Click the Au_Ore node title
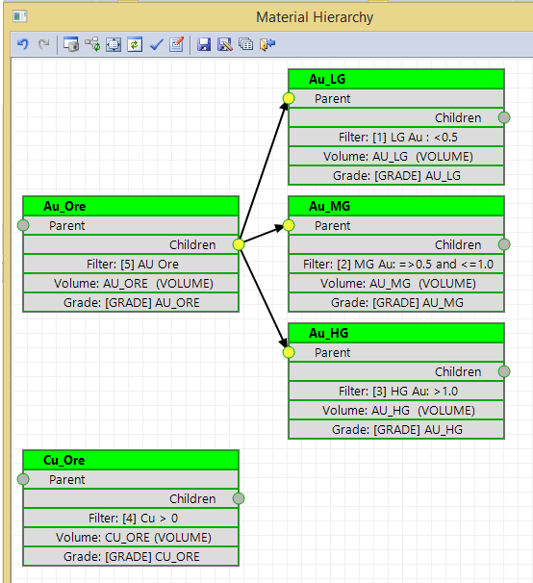click(x=64, y=206)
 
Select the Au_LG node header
click(x=396, y=79)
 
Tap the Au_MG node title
click(x=330, y=206)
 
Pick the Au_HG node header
click(x=396, y=333)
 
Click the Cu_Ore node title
click(x=63, y=460)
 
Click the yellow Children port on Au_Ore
click(x=239, y=244)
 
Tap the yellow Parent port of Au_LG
click(x=289, y=98)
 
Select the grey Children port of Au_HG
click(x=504, y=371)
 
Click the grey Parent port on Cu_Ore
click(x=23, y=479)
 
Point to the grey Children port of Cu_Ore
click(x=239, y=498)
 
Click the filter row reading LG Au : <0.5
click(x=396, y=138)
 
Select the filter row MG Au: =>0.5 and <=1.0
click(x=396, y=264)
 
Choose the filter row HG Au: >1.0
click(x=396, y=392)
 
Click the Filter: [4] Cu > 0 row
click(x=131, y=518)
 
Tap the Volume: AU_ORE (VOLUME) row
click(x=131, y=283)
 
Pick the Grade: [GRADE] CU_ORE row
click(x=131, y=557)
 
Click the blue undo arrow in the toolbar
click(x=23, y=44)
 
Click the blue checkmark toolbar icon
click(x=156, y=44)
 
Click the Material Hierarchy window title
click(x=315, y=17)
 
